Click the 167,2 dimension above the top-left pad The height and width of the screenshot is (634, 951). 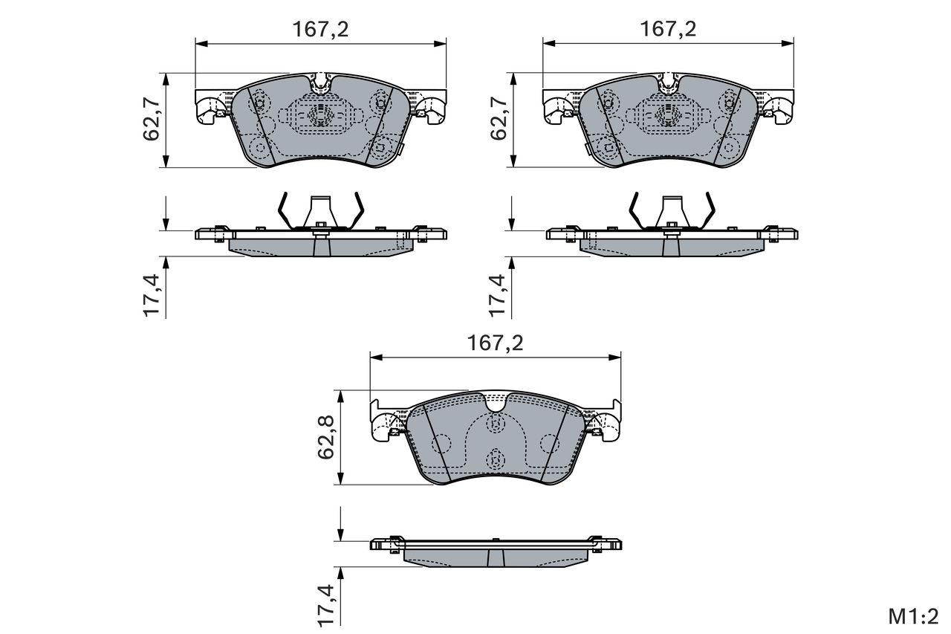(320, 30)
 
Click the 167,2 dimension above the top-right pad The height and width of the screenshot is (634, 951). (668, 29)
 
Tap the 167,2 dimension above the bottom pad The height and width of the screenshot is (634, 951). (495, 343)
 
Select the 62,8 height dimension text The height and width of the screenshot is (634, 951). (326, 437)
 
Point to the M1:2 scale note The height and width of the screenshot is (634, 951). (914, 617)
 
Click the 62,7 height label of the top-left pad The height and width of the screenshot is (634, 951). (151, 120)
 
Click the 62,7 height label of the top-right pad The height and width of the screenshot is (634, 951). (499, 120)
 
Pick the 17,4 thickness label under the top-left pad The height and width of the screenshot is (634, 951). (151, 296)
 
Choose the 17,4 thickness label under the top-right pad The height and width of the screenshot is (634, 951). (498, 296)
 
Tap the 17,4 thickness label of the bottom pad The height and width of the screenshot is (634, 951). (326, 606)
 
